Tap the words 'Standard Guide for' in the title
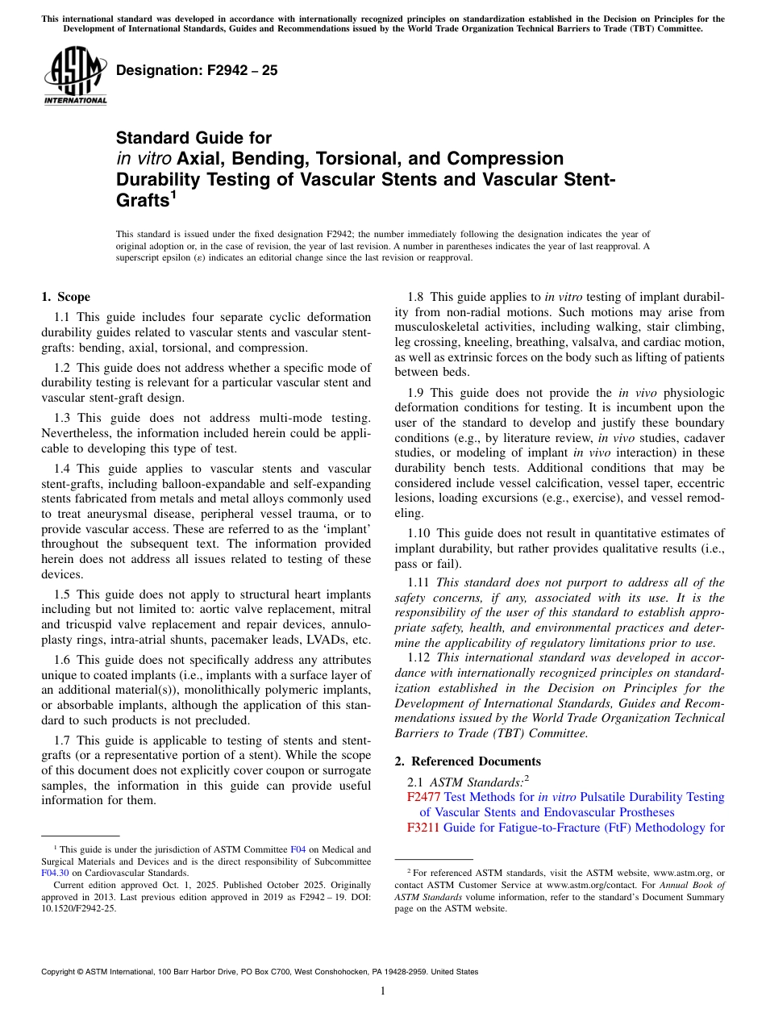point(194,138)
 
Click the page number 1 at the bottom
point(383,991)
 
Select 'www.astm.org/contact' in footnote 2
point(586,884)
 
